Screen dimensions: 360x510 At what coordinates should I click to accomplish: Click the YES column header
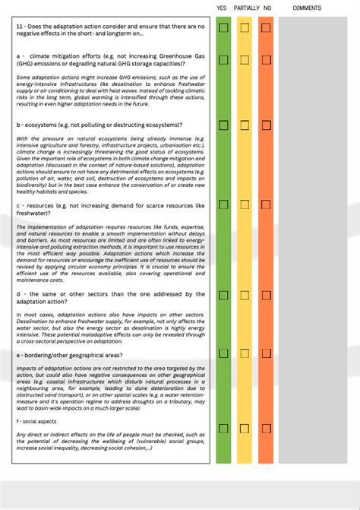(222, 8)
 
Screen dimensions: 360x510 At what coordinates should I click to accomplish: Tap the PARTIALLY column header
(247, 8)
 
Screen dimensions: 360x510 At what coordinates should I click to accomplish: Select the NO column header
(267, 8)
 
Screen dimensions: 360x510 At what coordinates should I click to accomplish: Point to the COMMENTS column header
(307, 8)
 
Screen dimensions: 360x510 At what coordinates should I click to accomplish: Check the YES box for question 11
(223, 28)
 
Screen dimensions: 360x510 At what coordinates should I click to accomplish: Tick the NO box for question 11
(266, 28)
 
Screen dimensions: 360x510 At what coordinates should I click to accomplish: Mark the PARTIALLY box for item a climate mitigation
(245, 59)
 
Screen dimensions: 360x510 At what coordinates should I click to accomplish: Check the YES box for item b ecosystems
(223, 125)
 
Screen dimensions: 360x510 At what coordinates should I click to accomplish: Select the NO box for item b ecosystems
(266, 125)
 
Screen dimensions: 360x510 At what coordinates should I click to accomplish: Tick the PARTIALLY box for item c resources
(245, 204)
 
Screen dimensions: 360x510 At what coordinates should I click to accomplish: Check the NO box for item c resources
(266, 204)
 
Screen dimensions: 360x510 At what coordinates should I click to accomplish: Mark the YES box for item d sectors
(223, 295)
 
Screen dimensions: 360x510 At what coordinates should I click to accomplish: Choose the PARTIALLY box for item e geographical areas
(245, 353)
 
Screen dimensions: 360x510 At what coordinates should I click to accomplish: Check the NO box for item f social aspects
(266, 429)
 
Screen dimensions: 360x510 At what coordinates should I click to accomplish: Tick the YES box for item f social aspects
(223, 429)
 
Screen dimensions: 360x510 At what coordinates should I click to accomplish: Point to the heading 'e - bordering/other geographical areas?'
(69, 355)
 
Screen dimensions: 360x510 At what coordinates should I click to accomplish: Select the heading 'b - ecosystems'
(43, 125)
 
